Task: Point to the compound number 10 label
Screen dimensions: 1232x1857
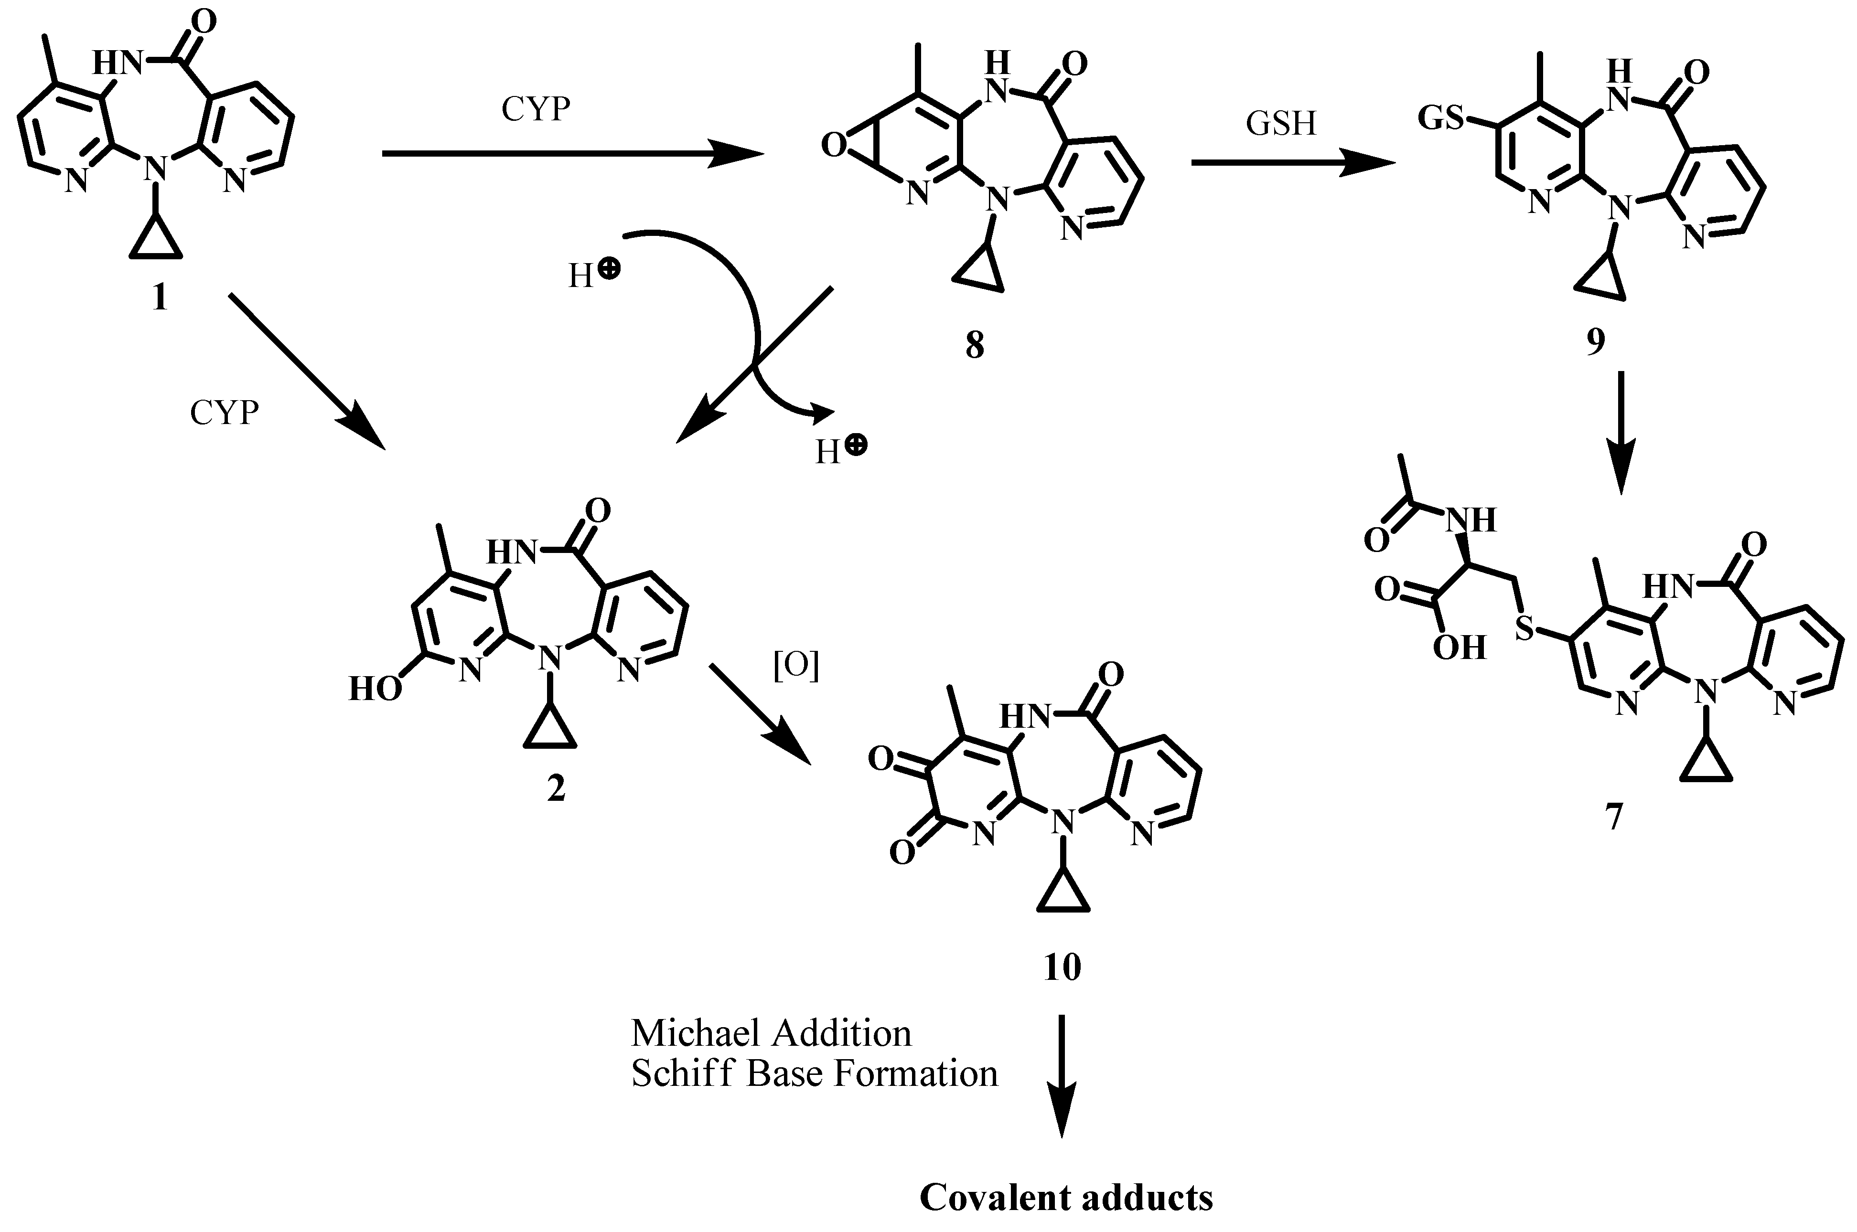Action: click(1062, 966)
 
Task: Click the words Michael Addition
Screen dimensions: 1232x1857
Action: click(771, 1033)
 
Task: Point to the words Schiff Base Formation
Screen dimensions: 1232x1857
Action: click(814, 1073)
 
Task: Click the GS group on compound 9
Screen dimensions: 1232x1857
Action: click(1440, 118)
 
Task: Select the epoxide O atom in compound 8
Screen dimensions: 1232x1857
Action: click(834, 146)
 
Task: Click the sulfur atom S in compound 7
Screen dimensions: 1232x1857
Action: click(1524, 628)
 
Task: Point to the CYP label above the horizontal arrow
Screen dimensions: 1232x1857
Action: click(535, 109)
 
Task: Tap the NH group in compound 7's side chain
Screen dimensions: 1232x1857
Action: click(1471, 520)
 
